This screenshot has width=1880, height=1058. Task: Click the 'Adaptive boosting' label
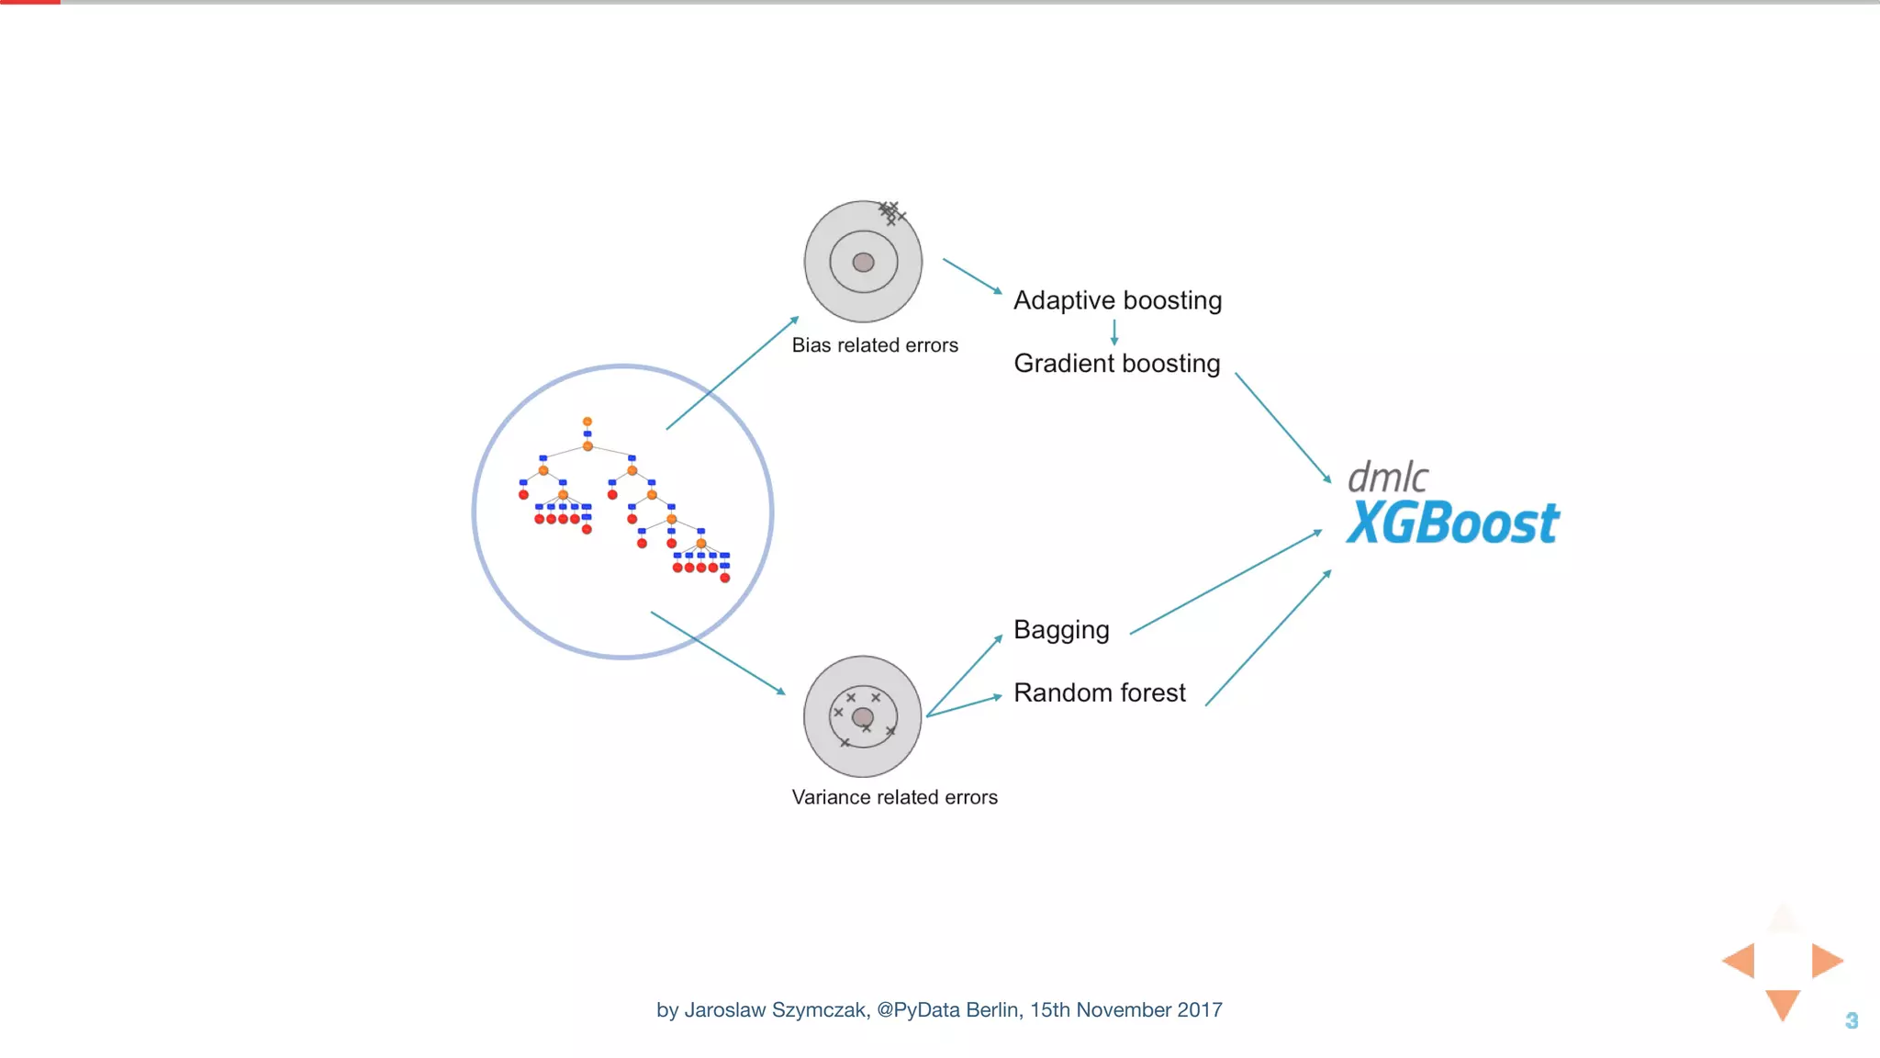click(x=1117, y=300)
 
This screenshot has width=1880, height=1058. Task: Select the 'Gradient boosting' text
click(x=1117, y=364)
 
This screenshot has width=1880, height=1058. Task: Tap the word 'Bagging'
click(x=1061, y=630)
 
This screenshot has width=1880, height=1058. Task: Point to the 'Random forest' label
click(x=1099, y=692)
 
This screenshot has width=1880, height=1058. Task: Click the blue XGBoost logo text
click(x=1452, y=523)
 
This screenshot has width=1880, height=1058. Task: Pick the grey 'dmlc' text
click(x=1387, y=478)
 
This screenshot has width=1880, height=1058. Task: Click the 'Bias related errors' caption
click(x=875, y=345)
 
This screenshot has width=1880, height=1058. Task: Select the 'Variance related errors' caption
click(x=894, y=797)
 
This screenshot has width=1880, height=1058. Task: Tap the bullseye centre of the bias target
click(x=863, y=263)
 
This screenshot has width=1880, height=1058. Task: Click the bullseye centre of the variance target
click(x=863, y=717)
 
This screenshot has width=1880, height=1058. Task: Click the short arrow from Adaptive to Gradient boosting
click(x=1114, y=332)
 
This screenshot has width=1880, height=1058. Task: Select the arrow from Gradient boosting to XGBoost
click(x=1282, y=427)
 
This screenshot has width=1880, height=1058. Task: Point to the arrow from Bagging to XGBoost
click(x=1225, y=582)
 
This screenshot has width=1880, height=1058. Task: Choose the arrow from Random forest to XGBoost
click(x=1268, y=638)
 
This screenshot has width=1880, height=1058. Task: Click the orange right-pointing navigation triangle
click(x=1825, y=961)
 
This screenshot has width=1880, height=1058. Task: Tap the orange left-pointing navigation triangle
click(x=1740, y=961)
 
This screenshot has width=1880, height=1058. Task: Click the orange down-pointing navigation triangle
click(x=1783, y=1004)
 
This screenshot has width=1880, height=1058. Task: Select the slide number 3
click(x=1852, y=1020)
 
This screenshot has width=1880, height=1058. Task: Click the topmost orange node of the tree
click(x=587, y=422)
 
